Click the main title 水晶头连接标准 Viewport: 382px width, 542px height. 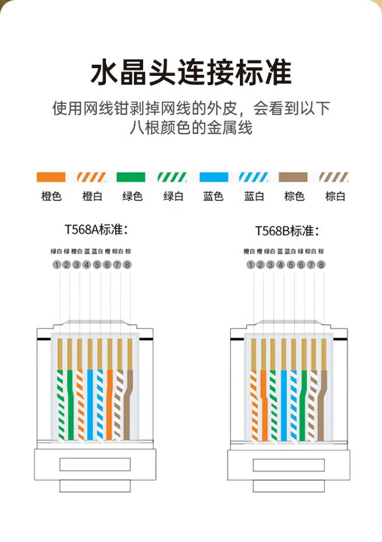point(191,72)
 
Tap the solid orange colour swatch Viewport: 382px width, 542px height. point(51,177)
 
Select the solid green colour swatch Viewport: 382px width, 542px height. point(131,177)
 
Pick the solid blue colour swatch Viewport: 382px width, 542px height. point(213,177)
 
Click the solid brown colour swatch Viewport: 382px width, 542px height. point(293,177)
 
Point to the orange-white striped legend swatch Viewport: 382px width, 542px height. point(92,177)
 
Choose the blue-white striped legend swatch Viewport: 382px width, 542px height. point(254,177)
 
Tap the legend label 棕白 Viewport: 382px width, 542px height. point(335,196)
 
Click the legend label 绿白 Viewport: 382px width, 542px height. point(173,196)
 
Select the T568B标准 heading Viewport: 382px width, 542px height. point(287,231)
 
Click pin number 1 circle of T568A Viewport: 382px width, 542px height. point(57,265)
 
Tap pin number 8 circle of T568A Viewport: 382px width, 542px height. point(127,265)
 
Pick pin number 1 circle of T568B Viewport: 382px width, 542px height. point(250,265)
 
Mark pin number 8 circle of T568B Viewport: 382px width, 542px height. point(321,265)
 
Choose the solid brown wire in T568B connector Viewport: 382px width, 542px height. point(322,407)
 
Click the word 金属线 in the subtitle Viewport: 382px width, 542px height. point(229,127)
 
